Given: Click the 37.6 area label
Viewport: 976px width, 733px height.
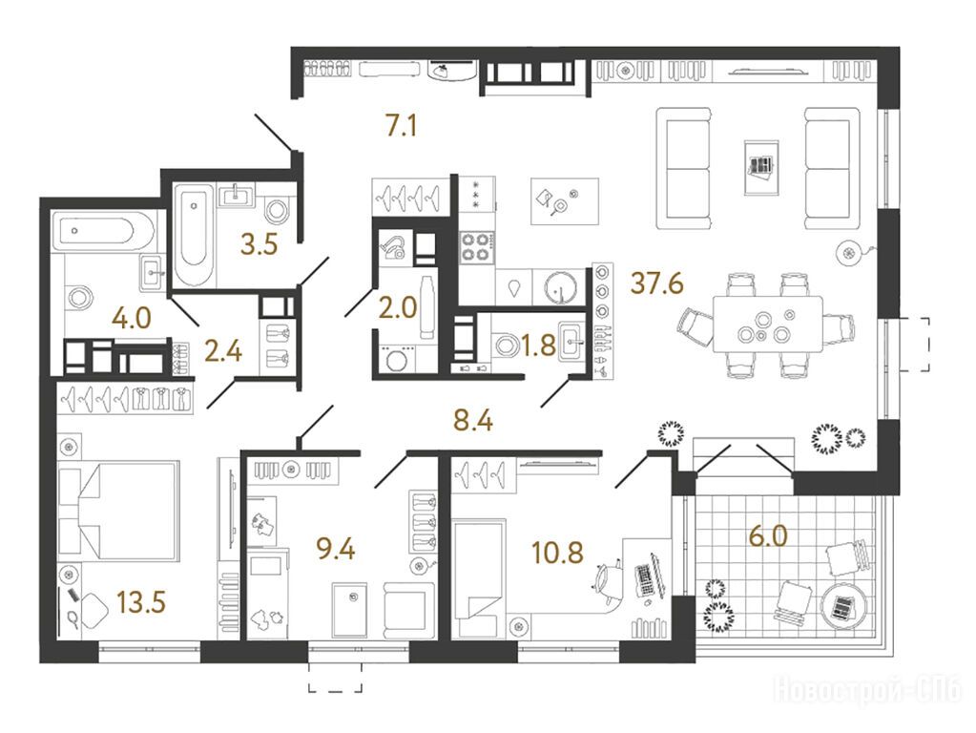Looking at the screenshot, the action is click(x=656, y=283).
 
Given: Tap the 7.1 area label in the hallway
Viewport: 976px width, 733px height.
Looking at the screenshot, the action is click(x=402, y=126).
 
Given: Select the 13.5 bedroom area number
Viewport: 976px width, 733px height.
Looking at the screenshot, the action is click(x=141, y=603).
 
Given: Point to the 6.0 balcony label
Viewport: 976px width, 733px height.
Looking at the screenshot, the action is click(x=768, y=535).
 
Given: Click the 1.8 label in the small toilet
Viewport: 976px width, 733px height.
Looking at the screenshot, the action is click(x=538, y=345).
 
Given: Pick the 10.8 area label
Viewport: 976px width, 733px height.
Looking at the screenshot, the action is click(x=557, y=552).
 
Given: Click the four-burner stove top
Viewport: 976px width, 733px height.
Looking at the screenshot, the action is click(x=477, y=246).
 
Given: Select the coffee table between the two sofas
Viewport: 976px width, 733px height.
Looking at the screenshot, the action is click(x=761, y=168).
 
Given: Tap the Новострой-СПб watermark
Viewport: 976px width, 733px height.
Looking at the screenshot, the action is click(x=867, y=690).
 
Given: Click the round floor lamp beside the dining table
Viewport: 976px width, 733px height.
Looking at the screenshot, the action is click(x=848, y=252).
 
